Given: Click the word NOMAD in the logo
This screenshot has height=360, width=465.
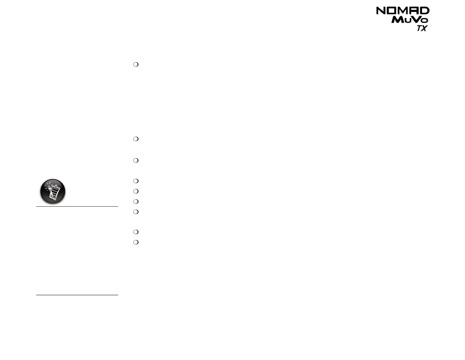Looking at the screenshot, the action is coord(403,11).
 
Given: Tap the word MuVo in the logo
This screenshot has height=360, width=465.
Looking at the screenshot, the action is coord(410,20).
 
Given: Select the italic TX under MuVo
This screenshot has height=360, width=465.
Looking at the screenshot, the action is coord(422,28).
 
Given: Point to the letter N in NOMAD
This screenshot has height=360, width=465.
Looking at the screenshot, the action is coord(381,11).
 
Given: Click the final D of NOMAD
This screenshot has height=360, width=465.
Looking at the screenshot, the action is coord(425,11).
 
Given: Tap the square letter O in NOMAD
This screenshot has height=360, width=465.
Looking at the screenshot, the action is coord(392,11).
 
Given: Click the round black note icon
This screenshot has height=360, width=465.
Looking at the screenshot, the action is coord(53,192).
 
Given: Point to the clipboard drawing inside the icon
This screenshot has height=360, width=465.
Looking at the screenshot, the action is coord(53,191).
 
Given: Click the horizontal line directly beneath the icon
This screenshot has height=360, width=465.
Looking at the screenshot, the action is coord(77,206).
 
